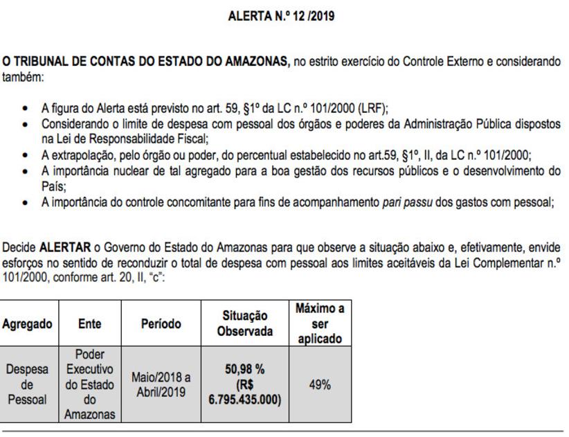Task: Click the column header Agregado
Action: click(29, 323)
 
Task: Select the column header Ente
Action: click(89, 323)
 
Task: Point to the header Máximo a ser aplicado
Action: click(319, 323)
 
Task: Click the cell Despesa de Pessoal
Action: click(29, 385)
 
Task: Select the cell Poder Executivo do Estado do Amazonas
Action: click(89, 385)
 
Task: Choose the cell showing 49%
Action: click(319, 385)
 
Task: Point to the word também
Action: click(22, 78)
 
